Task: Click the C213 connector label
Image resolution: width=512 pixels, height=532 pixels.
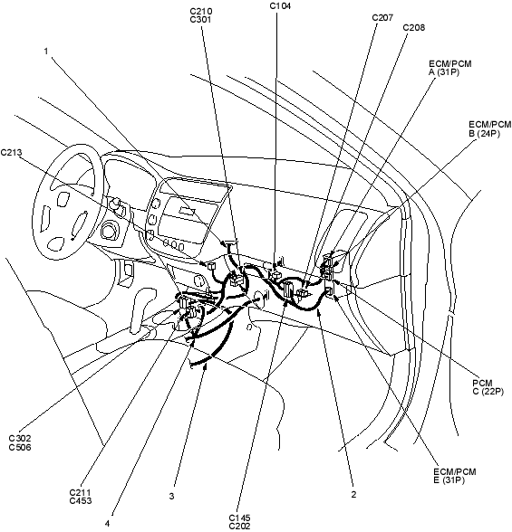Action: click(x=11, y=153)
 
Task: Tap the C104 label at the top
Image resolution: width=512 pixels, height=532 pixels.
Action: click(x=280, y=5)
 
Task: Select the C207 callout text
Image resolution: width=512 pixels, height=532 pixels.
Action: click(x=382, y=18)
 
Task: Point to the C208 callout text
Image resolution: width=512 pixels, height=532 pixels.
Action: click(x=414, y=27)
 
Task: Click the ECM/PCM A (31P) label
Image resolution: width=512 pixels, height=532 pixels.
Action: click(x=450, y=68)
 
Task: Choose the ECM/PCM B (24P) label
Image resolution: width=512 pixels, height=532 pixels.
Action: click(x=490, y=128)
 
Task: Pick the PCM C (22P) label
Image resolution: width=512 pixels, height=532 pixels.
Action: click(x=488, y=387)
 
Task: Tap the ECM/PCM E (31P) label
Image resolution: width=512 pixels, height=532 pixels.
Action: click(x=455, y=476)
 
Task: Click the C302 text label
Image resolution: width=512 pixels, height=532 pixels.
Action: click(x=20, y=439)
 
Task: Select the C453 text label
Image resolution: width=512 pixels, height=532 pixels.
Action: click(x=81, y=500)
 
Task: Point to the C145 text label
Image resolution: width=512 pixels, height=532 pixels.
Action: click(x=239, y=518)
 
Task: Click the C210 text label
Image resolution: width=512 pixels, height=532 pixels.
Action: click(x=201, y=12)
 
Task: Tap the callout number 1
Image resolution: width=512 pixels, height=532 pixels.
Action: click(x=46, y=52)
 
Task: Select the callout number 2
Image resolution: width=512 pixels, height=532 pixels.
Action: click(x=353, y=494)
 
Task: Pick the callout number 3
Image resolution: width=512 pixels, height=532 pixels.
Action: click(x=171, y=496)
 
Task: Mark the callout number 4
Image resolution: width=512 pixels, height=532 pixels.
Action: click(x=107, y=524)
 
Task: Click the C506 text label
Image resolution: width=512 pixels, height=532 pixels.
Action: click(x=20, y=448)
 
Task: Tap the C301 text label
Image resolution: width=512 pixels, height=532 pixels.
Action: click(x=201, y=20)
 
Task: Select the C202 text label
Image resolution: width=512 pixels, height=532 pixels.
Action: click(x=239, y=527)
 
